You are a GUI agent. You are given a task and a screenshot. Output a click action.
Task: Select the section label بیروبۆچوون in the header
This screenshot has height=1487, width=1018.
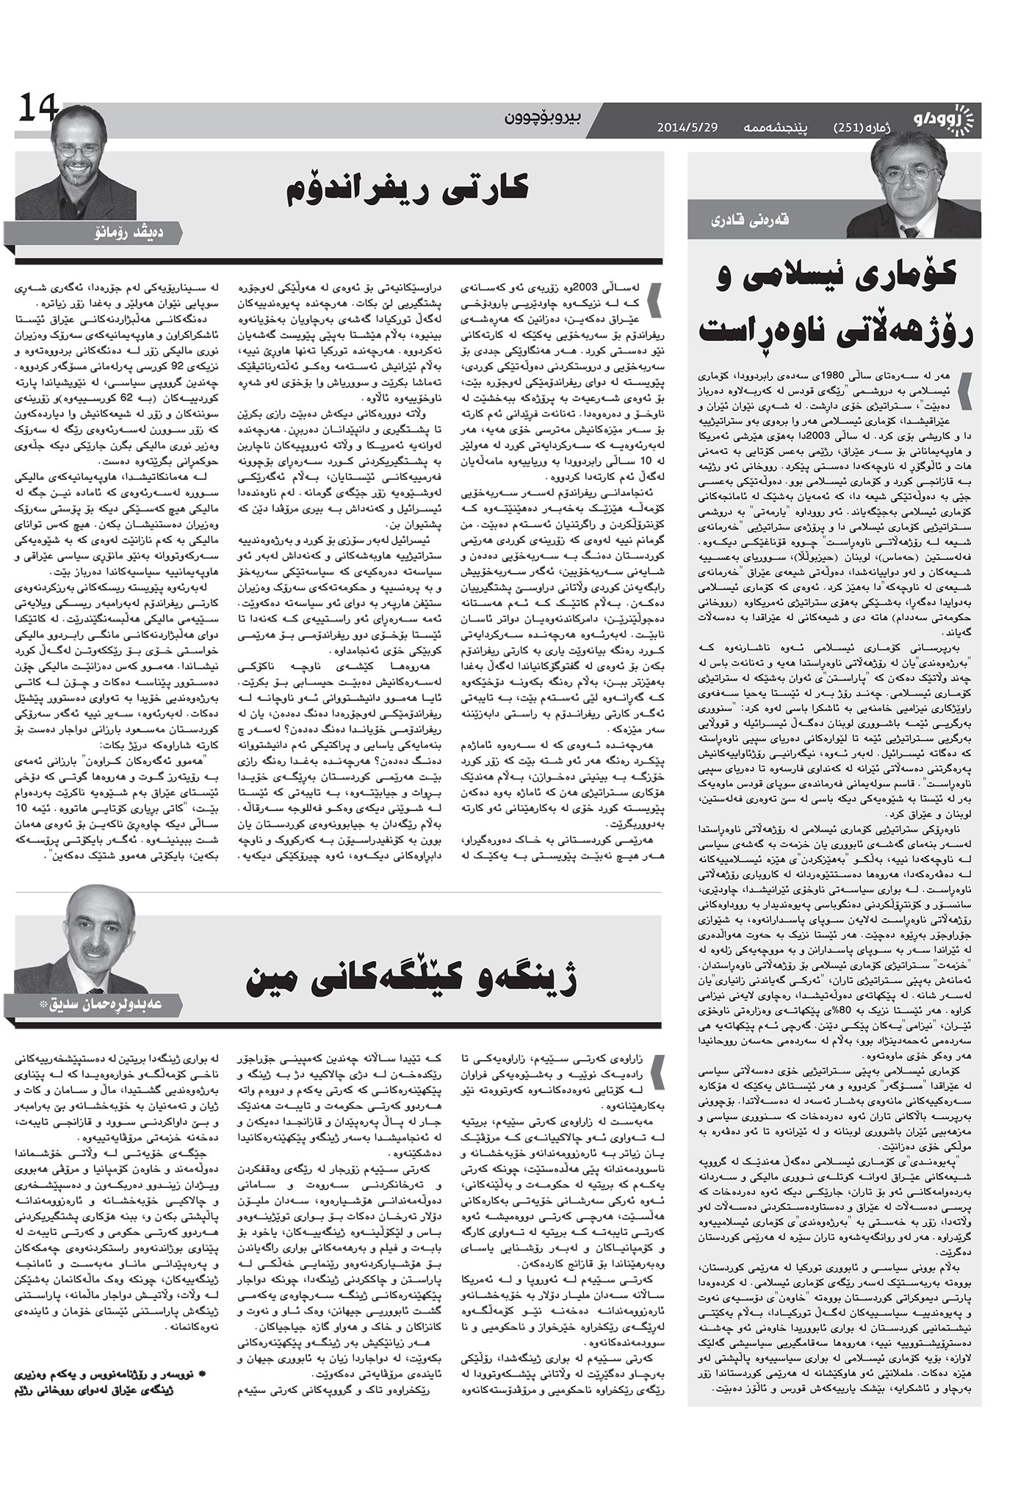[x=544, y=118]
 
